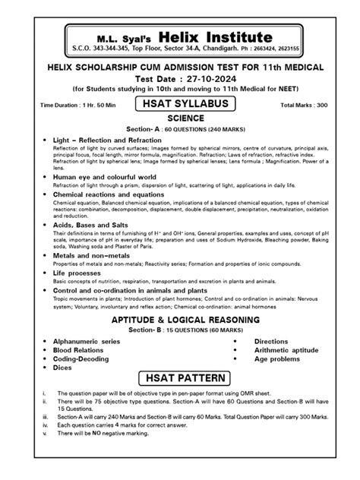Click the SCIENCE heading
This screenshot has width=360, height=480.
180,119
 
